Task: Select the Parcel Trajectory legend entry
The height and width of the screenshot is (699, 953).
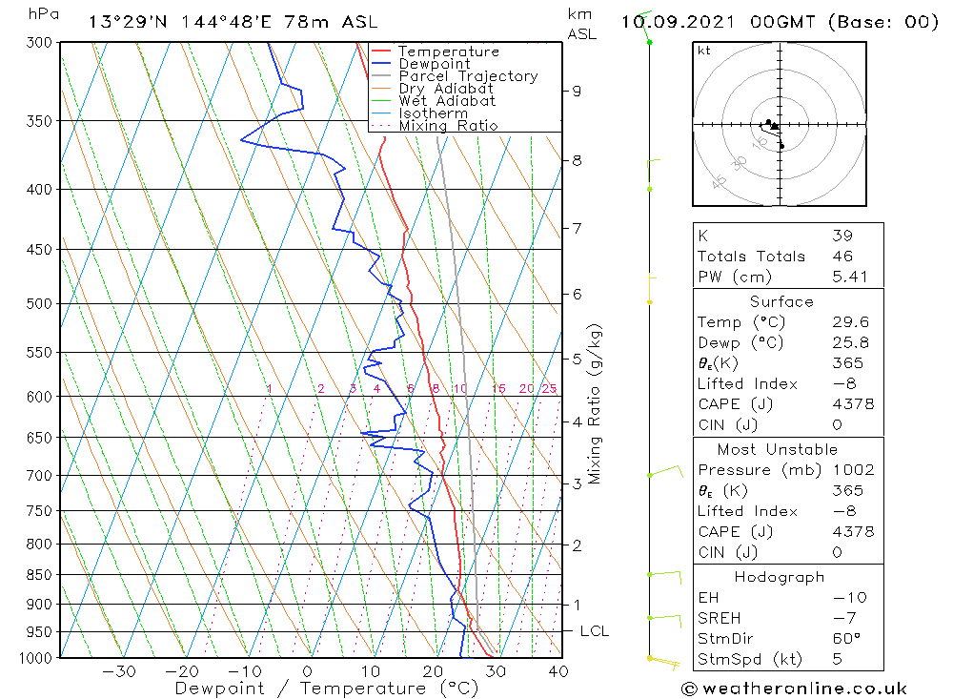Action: [468, 76]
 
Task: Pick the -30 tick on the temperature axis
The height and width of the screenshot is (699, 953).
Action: [120, 671]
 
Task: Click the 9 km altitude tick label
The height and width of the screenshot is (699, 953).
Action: [577, 91]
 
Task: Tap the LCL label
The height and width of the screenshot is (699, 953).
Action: [594, 631]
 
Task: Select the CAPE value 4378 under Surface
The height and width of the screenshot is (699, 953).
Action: [852, 404]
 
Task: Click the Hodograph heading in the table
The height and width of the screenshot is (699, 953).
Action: [781, 577]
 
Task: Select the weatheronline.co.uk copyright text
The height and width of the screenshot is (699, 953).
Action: [794, 689]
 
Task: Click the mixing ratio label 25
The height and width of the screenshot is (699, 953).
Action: [549, 388]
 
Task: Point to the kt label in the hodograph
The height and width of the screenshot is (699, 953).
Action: [704, 51]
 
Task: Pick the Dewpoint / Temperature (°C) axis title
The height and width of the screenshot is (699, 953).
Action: [311, 689]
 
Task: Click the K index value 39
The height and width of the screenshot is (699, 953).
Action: [841, 236]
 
